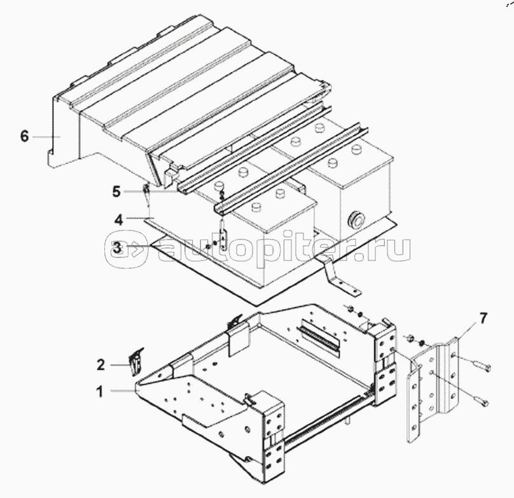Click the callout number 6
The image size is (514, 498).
(24, 136)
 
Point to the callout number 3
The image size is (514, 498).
(116, 247)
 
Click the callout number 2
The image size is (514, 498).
(101, 365)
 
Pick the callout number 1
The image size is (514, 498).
(99, 390)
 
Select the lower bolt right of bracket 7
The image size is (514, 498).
(482, 401)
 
